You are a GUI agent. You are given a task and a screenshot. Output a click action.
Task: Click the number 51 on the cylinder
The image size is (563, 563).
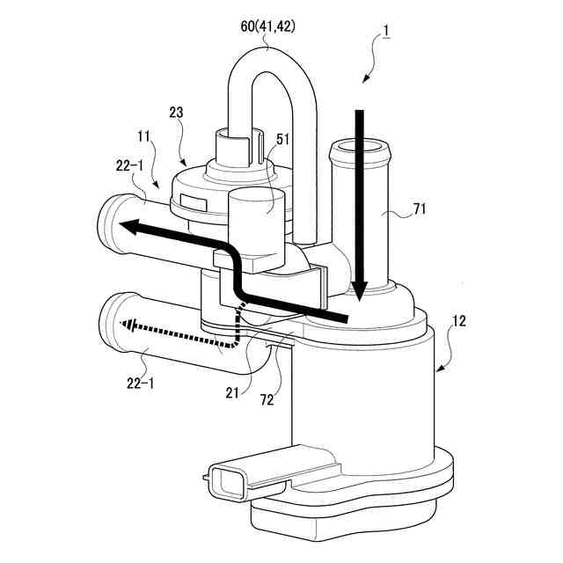click(282, 138)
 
